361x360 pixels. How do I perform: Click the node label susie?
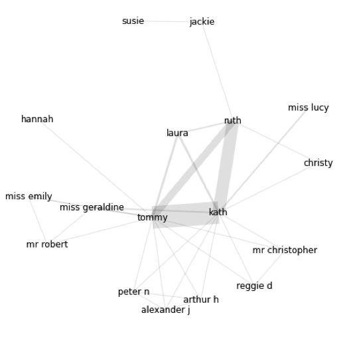click(x=133, y=21)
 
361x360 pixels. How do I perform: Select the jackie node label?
click(x=202, y=22)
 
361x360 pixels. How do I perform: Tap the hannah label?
click(x=37, y=119)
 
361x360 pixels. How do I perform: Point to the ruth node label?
click(x=232, y=120)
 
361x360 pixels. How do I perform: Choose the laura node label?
click(x=177, y=133)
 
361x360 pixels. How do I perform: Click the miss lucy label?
click(x=309, y=108)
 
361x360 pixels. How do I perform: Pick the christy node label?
click(x=318, y=163)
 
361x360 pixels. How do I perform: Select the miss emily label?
click(x=29, y=197)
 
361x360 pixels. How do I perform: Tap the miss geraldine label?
click(x=92, y=208)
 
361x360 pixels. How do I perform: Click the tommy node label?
click(x=152, y=218)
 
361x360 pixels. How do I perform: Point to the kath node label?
click(x=218, y=212)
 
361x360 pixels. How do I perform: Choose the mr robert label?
click(x=47, y=244)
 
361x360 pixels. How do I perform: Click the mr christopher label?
click(x=285, y=250)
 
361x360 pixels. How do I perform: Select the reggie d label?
click(x=254, y=286)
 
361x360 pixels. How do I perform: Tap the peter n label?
click(x=133, y=292)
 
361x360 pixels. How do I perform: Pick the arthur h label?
click(x=201, y=300)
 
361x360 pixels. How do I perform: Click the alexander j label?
click(x=165, y=310)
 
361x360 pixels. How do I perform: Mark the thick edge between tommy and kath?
click(x=185, y=215)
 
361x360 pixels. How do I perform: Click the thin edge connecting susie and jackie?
click(x=167, y=21)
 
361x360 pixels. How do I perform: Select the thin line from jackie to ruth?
click(x=218, y=71)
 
